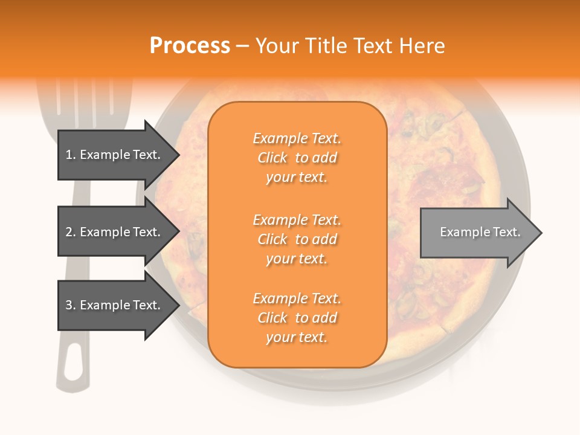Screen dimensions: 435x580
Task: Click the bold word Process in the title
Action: click(x=190, y=46)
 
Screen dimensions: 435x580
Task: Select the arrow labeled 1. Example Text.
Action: click(x=115, y=155)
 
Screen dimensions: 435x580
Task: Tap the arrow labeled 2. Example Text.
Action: click(x=115, y=232)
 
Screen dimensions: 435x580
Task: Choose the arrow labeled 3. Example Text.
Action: click(x=115, y=305)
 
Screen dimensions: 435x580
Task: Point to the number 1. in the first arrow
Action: click(x=71, y=155)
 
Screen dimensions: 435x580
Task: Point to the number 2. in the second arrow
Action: click(x=71, y=232)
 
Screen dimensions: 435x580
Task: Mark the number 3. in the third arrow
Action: click(x=71, y=305)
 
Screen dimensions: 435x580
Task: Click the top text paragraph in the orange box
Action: click(x=297, y=158)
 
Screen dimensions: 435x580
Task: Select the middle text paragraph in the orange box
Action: click(x=297, y=239)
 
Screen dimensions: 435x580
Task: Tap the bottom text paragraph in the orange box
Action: click(x=297, y=318)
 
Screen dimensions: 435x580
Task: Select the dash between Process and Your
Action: click(x=242, y=46)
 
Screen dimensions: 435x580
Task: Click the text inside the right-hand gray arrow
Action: click(x=480, y=232)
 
